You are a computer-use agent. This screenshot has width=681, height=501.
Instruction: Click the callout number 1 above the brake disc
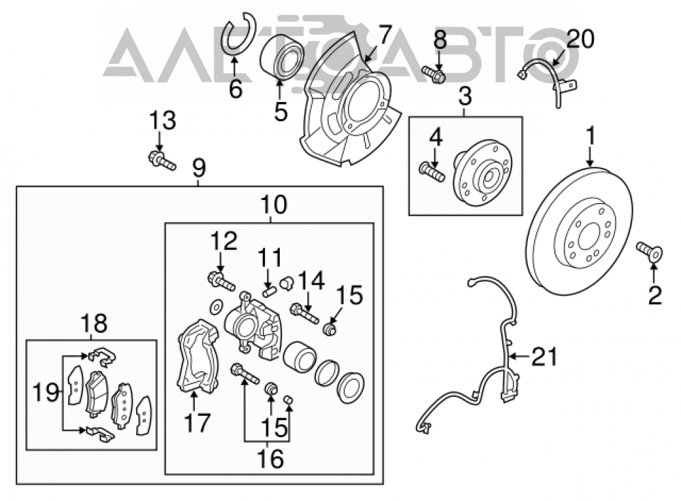(x=590, y=136)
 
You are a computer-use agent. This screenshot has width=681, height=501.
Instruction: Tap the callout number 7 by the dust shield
(x=384, y=35)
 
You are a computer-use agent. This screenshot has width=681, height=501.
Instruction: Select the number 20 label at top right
(x=580, y=39)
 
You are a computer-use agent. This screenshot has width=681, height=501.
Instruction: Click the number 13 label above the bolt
(x=163, y=120)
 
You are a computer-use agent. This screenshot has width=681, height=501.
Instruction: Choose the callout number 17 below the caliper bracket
(x=197, y=423)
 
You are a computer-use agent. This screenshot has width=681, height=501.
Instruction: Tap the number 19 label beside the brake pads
(x=46, y=393)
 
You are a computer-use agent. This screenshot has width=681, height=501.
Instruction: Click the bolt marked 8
(x=432, y=74)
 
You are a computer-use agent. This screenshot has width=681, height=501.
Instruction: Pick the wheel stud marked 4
(x=432, y=172)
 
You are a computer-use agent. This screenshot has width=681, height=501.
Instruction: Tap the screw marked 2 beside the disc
(x=649, y=252)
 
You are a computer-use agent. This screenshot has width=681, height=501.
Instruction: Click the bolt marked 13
(x=162, y=161)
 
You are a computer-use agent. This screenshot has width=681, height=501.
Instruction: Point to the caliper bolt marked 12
(x=221, y=280)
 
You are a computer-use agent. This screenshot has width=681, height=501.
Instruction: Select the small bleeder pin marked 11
(x=269, y=289)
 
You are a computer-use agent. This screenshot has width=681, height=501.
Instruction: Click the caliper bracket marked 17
(x=197, y=356)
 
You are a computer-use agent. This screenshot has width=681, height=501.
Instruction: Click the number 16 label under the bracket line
(x=270, y=458)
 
